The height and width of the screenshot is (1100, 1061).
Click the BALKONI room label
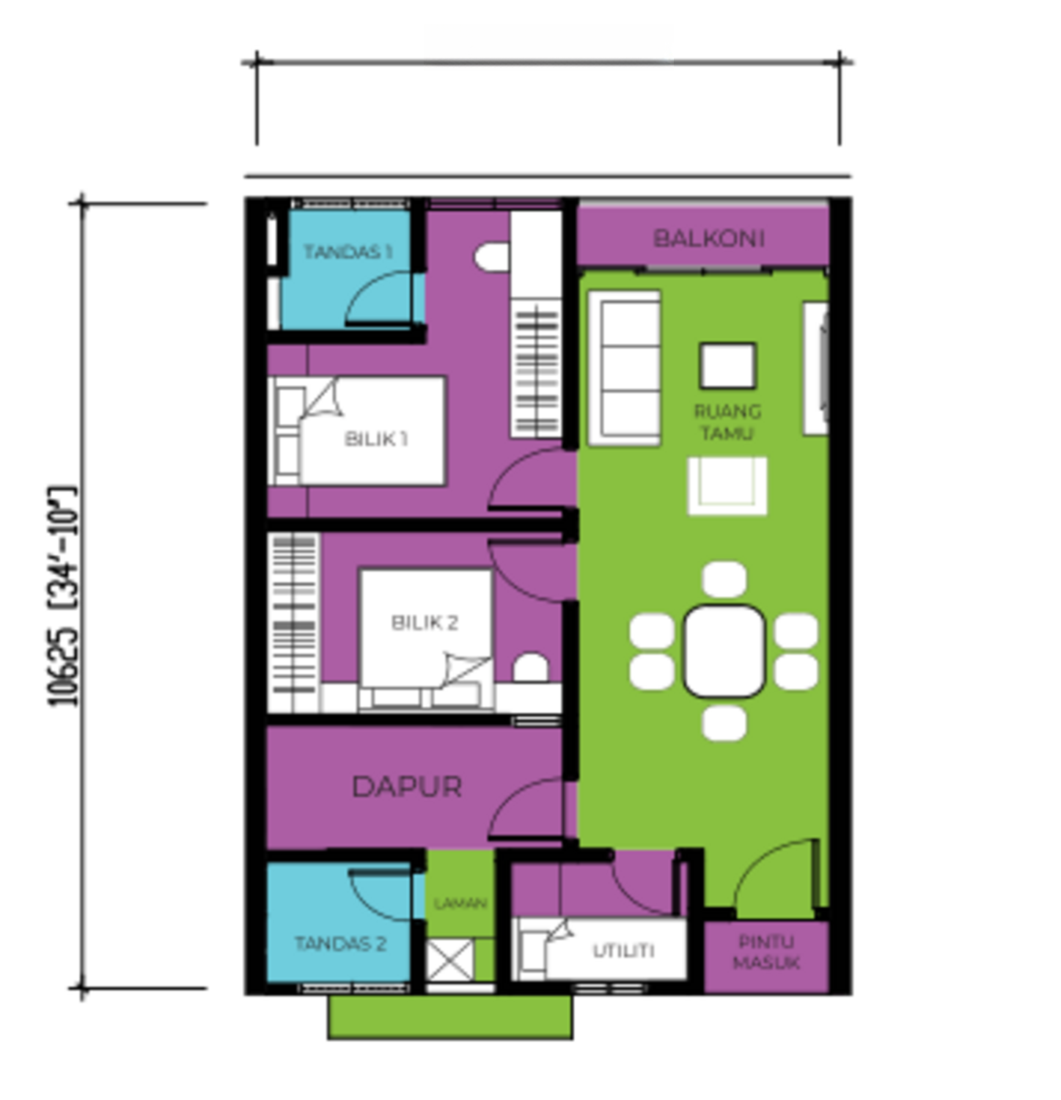click(x=708, y=238)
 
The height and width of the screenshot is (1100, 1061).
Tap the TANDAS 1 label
click(x=347, y=252)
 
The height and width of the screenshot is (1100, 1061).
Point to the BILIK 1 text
click(x=375, y=439)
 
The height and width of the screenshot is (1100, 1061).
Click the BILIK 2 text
click(x=424, y=623)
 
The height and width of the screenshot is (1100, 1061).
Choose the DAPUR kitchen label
click(x=407, y=787)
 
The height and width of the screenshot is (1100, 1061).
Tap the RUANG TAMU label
click(x=727, y=422)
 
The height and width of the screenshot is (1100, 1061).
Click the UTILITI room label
click(x=623, y=950)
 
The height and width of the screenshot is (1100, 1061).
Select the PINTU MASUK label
click(x=766, y=952)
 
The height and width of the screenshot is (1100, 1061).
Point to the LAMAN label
click(x=460, y=903)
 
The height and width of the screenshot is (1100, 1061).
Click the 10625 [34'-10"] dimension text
click(x=63, y=595)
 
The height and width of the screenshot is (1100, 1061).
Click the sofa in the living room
click(x=625, y=367)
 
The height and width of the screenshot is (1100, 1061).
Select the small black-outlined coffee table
click(x=727, y=365)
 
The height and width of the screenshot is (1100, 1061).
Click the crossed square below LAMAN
click(x=449, y=960)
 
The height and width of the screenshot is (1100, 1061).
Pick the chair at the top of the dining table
click(x=724, y=579)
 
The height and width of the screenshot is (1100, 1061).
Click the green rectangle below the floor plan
click(x=449, y=1016)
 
